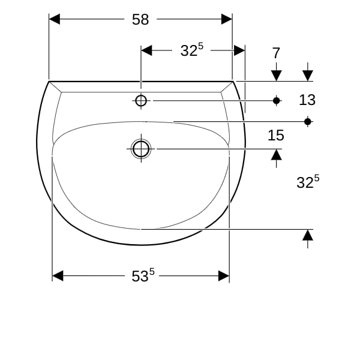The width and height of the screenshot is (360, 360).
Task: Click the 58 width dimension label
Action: (x=140, y=19)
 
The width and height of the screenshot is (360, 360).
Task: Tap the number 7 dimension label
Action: (x=276, y=53)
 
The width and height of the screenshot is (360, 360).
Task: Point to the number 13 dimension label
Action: (x=307, y=100)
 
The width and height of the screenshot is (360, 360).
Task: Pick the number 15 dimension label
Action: (x=276, y=135)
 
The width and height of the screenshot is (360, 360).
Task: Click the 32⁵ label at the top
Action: (x=192, y=50)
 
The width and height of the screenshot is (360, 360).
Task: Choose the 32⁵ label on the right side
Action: (x=308, y=182)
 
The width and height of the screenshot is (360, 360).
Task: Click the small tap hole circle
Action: (x=141, y=101)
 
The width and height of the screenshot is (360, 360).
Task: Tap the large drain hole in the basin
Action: (x=141, y=149)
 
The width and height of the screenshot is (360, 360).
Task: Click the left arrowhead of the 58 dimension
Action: (x=55, y=19)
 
